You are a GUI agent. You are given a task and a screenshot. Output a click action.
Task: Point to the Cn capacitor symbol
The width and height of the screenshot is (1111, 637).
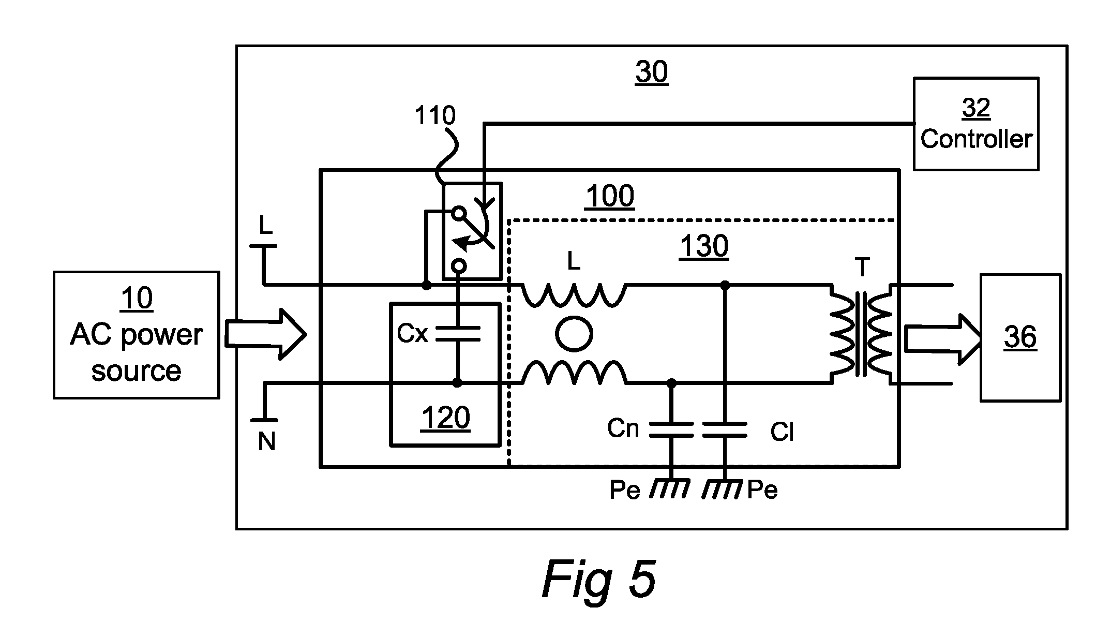click(x=671, y=429)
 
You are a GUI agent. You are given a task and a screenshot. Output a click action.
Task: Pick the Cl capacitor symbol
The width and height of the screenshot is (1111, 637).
click(x=725, y=429)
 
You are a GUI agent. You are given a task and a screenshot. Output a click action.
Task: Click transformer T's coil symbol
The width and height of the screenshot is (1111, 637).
click(x=861, y=334)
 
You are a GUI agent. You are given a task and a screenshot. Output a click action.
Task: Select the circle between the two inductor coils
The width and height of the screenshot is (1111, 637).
click(x=574, y=334)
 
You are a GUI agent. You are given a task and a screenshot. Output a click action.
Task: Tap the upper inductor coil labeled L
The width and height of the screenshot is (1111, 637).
click(x=574, y=295)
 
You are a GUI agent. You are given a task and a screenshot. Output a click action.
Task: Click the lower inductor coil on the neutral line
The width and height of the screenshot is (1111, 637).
click(x=574, y=373)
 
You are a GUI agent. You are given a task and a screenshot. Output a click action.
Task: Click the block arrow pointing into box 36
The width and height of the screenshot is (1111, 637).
click(x=943, y=339)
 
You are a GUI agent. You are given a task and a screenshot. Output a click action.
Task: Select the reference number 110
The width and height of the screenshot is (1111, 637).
click(x=435, y=115)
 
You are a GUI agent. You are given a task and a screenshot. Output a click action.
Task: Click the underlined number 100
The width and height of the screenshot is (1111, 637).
click(x=610, y=197)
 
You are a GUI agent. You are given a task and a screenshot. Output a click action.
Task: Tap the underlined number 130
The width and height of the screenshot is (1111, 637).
click(x=704, y=246)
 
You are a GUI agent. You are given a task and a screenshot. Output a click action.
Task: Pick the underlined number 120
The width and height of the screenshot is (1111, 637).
click(x=446, y=418)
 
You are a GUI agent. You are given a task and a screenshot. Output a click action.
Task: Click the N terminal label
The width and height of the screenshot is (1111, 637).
click(x=266, y=442)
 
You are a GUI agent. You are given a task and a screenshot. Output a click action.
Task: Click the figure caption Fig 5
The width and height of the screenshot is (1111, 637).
click(x=599, y=579)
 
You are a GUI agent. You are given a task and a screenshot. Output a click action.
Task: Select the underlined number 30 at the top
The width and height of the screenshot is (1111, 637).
click(x=652, y=72)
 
